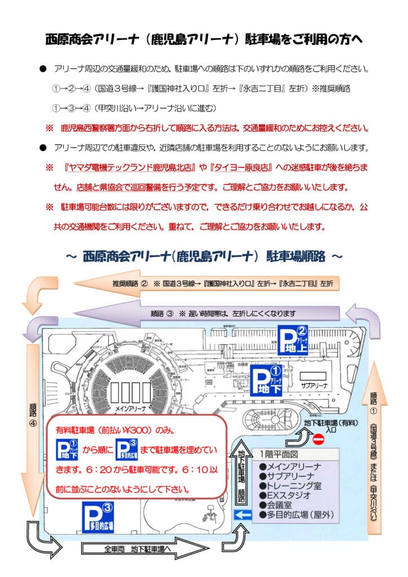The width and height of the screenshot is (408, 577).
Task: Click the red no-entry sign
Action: click(x=318, y=438)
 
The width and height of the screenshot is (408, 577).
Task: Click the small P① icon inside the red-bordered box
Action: click(x=67, y=449)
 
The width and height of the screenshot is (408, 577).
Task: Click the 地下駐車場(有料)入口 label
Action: click(x=326, y=426)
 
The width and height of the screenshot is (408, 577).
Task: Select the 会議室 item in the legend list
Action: click(x=279, y=504)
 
